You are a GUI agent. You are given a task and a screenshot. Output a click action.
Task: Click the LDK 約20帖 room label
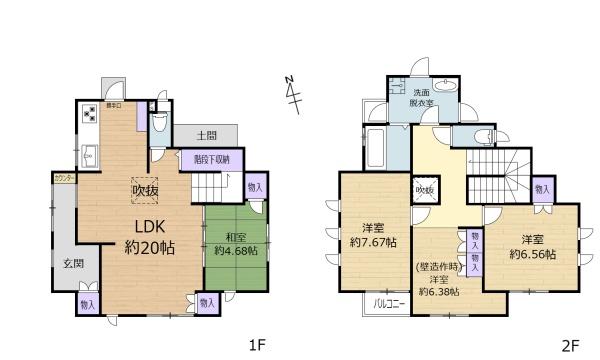(x=145, y=235)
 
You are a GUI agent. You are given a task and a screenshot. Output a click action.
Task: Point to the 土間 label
(x=206, y=134)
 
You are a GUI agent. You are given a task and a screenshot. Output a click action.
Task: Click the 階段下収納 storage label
(x=211, y=158)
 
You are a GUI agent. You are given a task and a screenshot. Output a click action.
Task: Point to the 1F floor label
(x=257, y=346)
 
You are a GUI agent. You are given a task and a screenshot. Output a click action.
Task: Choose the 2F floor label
(x=570, y=346)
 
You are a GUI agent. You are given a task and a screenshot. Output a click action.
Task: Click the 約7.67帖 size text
(x=373, y=243)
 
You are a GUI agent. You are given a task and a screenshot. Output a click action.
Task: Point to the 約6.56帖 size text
(x=531, y=255)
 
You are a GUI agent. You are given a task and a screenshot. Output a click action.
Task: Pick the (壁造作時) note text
(x=437, y=266)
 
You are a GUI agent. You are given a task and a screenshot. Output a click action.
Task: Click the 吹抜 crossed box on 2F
(x=423, y=190)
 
